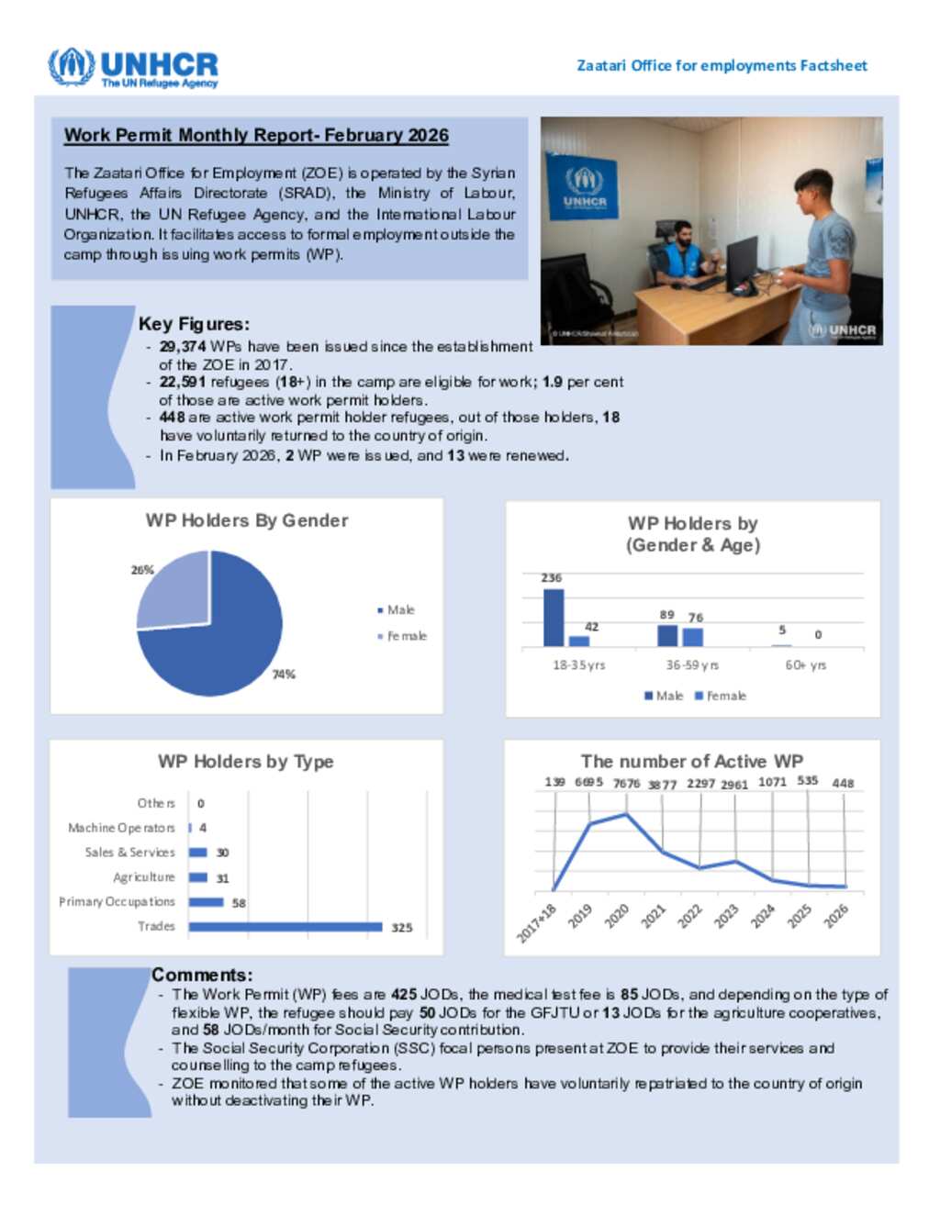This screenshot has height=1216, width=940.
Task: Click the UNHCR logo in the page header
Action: click(x=133, y=68)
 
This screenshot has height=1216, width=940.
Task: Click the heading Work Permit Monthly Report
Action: click(x=256, y=136)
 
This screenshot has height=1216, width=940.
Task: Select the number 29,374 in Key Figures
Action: click(x=182, y=347)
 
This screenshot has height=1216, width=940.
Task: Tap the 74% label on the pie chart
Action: click(x=284, y=675)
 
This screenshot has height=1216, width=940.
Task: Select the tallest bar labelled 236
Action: click(x=554, y=618)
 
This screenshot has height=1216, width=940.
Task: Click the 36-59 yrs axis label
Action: click(x=692, y=665)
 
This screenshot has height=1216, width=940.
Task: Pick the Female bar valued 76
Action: click(x=693, y=637)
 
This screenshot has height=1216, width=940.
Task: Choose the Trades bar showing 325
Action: click(x=285, y=927)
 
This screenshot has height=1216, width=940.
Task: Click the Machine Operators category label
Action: click(x=121, y=828)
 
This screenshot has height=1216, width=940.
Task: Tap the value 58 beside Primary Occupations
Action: click(x=239, y=903)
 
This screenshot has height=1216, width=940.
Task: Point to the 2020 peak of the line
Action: click(x=626, y=814)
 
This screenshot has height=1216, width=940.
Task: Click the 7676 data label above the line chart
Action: click(x=626, y=784)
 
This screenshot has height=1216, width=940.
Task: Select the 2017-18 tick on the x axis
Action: click(x=537, y=922)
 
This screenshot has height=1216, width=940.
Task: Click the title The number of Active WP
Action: click(x=691, y=762)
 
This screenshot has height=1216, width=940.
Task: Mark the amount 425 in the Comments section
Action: click(x=404, y=994)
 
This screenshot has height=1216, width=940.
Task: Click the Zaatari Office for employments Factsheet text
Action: click(x=722, y=66)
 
